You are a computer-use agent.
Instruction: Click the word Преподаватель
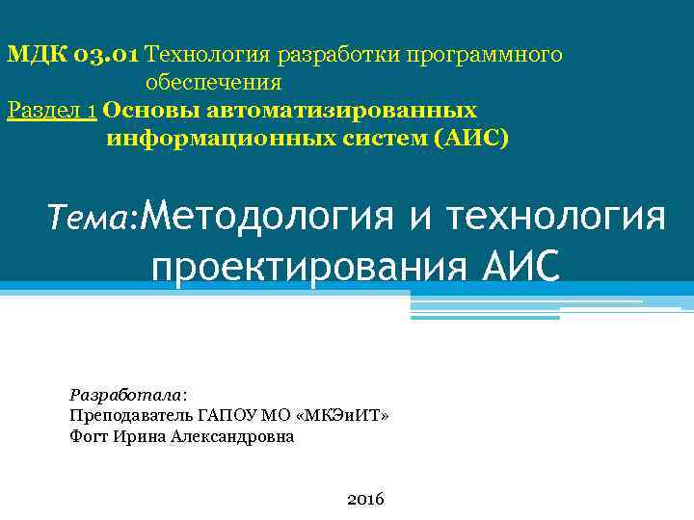click(131, 415)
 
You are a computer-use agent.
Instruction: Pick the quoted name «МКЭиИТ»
click(347, 415)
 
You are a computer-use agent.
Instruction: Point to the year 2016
click(364, 499)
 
